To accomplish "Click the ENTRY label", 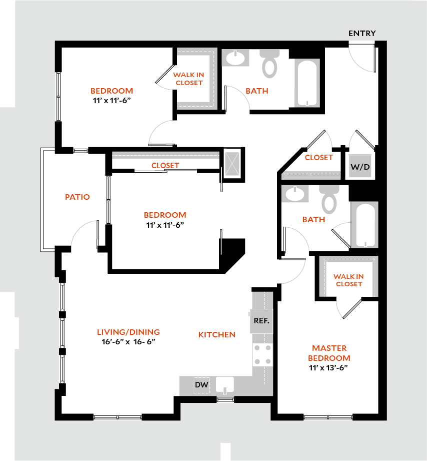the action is click(362, 33).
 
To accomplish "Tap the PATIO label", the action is click(77, 197).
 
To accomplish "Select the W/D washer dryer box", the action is click(360, 166).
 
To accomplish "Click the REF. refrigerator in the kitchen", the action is click(261, 321).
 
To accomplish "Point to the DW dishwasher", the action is click(202, 384).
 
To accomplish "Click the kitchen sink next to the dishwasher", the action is click(225, 385).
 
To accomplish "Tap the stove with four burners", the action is click(262, 354).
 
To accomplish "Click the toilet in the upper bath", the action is click(269, 63).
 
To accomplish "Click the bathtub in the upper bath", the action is click(307, 83).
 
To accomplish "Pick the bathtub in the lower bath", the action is click(364, 225).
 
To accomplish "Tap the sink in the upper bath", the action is click(235, 58).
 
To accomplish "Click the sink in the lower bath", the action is click(295, 194).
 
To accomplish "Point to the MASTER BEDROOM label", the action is click(329, 353).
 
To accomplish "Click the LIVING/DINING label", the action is click(128, 332).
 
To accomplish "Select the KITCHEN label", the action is click(216, 334).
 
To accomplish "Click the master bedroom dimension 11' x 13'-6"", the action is click(328, 367).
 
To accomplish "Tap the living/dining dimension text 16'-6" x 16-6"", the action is click(128, 342).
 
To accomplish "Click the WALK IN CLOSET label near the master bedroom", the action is click(348, 280).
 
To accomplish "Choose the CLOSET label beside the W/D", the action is click(318, 158).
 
